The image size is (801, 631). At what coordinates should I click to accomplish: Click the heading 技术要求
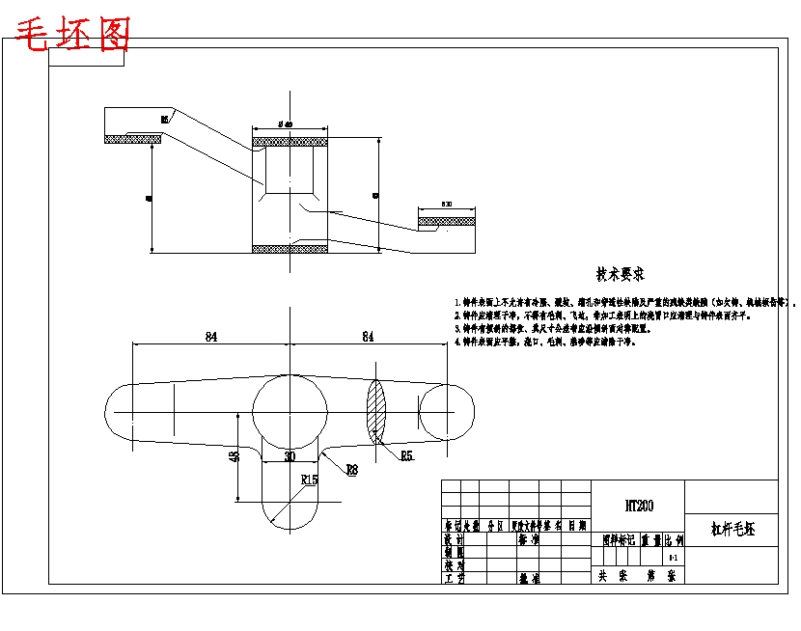[620, 275]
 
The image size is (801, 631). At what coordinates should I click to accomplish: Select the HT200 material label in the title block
[638, 505]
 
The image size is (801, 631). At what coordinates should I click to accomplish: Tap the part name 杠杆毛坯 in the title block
[732, 529]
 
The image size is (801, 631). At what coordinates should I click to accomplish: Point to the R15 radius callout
[310, 479]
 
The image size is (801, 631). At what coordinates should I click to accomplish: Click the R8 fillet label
[352, 469]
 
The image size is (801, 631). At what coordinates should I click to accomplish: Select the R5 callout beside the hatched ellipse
[406, 454]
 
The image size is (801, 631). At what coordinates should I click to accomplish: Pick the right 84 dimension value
[368, 336]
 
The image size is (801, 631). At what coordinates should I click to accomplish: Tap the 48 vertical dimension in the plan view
[234, 456]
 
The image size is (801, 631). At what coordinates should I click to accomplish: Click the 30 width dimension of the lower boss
[290, 456]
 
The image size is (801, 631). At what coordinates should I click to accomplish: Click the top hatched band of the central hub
[290, 143]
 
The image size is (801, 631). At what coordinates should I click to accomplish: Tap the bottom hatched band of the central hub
[290, 249]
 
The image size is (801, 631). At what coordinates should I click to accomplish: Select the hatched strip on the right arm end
[447, 221]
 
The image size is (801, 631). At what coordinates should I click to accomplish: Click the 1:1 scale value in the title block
[673, 558]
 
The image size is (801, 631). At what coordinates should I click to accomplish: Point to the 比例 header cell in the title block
[672, 542]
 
